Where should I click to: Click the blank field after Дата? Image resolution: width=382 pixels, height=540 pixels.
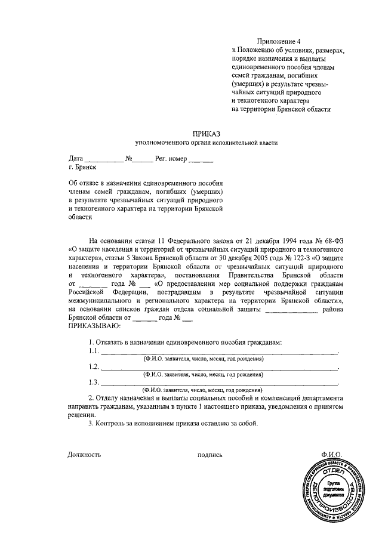pyautogui.click(x=103, y=160)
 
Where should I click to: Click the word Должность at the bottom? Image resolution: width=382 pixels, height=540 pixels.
pyautogui.click(x=85, y=455)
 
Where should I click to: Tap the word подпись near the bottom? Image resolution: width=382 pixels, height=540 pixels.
pyautogui.click(x=210, y=455)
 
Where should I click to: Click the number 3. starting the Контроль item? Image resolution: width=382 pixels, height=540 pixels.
pyautogui.click(x=91, y=424)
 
